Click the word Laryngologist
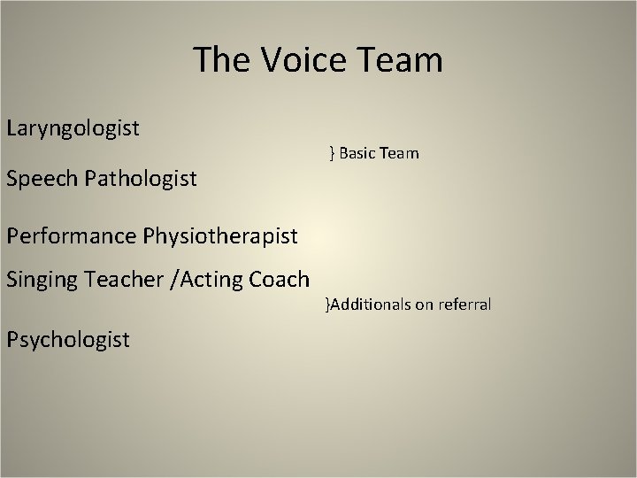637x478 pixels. point(73,129)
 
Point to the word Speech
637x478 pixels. point(42,180)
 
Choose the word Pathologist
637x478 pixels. point(142,180)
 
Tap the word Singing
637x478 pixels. point(42,281)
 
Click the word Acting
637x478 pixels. point(210,281)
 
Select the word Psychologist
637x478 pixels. point(68,339)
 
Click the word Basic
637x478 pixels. point(357,154)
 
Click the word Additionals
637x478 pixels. point(371,305)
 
